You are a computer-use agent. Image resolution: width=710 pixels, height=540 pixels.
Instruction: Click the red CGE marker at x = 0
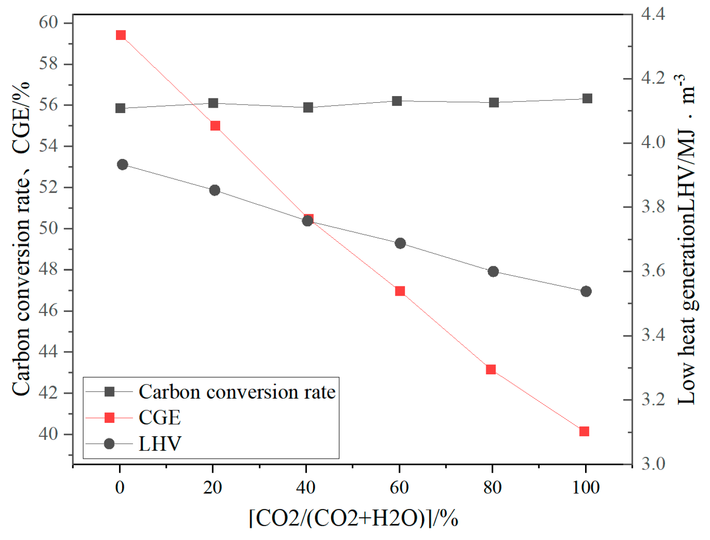click(x=120, y=35)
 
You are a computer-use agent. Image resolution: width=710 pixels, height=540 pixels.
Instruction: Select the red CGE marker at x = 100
click(x=584, y=431)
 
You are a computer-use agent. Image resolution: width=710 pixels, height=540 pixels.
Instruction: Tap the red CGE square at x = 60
click(x=400, y=291)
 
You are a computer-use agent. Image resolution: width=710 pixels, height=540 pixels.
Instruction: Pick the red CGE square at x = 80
click(x=491, y=369)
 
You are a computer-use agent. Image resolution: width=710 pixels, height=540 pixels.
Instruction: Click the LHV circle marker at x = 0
click(x=122, y=165)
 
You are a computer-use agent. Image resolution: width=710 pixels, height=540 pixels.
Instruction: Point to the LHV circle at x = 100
click(x=586, y=291)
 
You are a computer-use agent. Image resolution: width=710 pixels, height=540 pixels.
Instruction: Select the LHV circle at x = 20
click(x=215, y=190)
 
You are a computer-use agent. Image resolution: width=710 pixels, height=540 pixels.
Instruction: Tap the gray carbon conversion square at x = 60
click(x=397, y=101)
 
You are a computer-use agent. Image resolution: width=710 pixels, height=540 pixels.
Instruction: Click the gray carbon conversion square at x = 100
click(x=587, y=98)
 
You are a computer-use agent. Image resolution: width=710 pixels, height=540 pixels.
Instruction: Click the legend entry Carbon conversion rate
click(x=237, y=392)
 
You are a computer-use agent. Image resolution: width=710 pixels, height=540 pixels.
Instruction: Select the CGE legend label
click(x=160, y=418)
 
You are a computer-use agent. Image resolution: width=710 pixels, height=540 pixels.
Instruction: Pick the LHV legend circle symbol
click(x=109, y=444)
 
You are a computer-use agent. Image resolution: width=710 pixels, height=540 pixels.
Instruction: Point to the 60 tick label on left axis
click(x=49, y=22)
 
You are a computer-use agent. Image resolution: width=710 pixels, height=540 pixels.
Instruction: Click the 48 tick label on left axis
click(x=49, y=269)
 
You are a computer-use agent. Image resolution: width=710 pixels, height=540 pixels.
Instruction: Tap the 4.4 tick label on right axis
click(x=652, y=14)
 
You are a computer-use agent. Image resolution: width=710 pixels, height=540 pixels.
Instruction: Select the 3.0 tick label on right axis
click(x=652, y=464)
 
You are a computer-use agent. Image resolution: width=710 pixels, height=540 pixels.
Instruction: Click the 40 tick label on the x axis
click(x=306, y=487)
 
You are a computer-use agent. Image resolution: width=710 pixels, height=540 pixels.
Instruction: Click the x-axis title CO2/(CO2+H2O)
click(x=354, y=518)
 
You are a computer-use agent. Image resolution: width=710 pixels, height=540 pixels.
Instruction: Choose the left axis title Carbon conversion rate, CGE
click(x=21, y=238)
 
